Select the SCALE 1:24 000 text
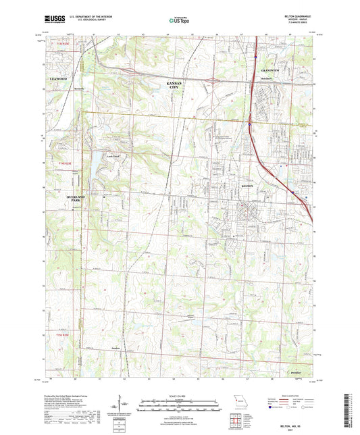click(x=178, y=396)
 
